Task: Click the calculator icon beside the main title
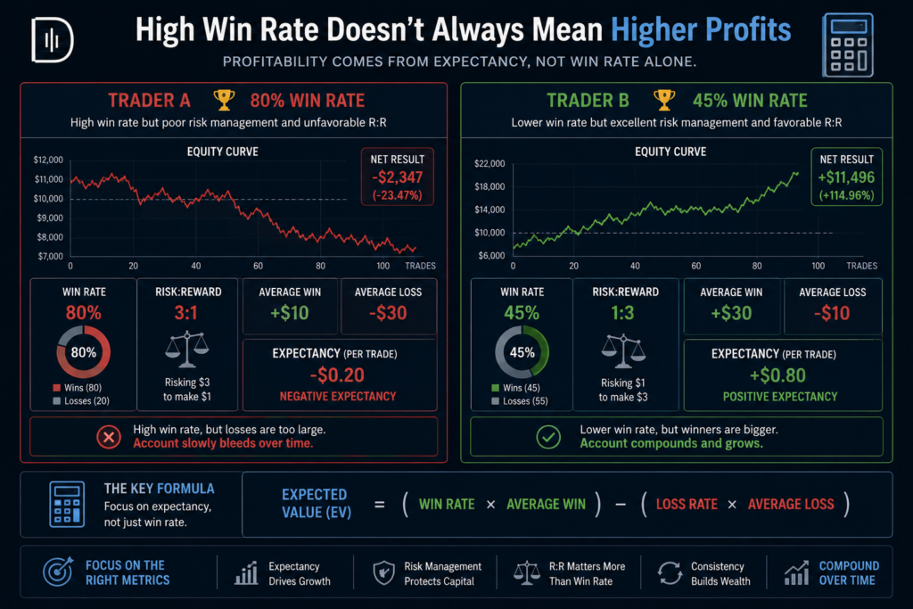pyautogui.click(x=848, y=45)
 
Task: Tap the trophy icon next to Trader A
pyautogui.click(x=224, y=100)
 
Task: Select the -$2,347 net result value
pyautogui.click(x=397, y=177)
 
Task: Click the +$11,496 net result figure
pyautogui.click(x=846, y=177)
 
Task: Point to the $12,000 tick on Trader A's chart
pyautogui.click(x=48, y=160)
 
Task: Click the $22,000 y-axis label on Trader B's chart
pyautogui.click(x=489, y=163)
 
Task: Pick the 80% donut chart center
pyautogui.click(x=83, y=352)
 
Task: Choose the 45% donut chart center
pyautogui.click(x=522, y=352)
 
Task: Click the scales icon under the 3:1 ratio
pyautogui.click(x=186, y=350)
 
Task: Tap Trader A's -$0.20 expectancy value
pyautogui.click(x=337, y=375)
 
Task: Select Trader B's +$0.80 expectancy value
pyautogui.click(x=777, y=375)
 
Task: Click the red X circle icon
pyautogui.click(x=109, y=437)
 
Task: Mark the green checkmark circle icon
pyautogui.click(x=548, y=437)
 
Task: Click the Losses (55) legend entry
pyautogui.click(x=520, y=400)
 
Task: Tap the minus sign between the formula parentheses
pyautogui.click(x=621, y=504)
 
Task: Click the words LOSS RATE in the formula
pyautogui.click(x=687, y=504)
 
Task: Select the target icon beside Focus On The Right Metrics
pyautogui.click(x=58, y=572)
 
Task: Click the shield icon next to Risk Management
pyautogui.click(x=383, y=573)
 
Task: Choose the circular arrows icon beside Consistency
pyautogui.click(x=670, y=573)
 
